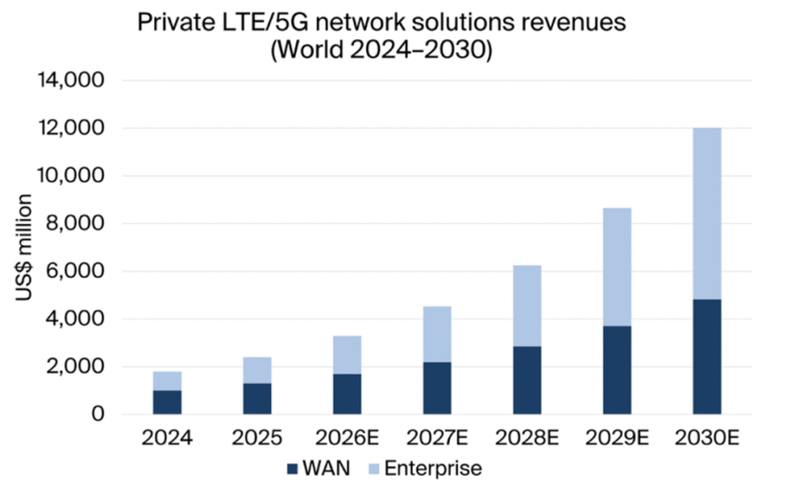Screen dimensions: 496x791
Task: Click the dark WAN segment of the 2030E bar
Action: point(707,357)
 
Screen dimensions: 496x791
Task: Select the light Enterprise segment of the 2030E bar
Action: point(707,214)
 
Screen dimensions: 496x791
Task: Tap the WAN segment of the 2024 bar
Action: point(167,403)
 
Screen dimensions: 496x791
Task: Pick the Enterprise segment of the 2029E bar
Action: point(616,267)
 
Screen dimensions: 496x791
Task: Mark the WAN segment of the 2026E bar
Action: point(347,395)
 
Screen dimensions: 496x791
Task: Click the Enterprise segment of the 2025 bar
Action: point(256,370)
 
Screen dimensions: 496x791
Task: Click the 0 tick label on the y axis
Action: point(98,415)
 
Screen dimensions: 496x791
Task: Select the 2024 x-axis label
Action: point(167,439)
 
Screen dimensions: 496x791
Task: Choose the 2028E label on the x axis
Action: point(527,439)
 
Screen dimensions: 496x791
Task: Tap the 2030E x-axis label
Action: point(707,439)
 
